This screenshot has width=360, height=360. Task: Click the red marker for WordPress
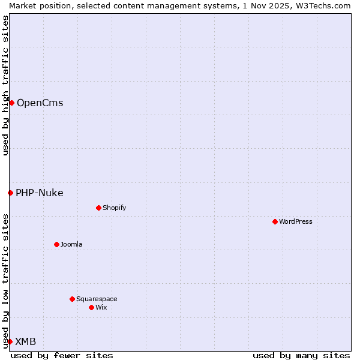pyautogui.click(x=275, y=221)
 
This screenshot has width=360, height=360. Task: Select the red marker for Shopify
pyautogui.click(x=98, y=208)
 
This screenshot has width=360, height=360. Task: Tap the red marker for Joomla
pyautogui.click(x=56, y=244)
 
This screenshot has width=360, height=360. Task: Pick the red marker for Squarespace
pyautogui.click(x=72, y=299)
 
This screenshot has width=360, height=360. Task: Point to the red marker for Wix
pyautogui.click(x=91, y=307)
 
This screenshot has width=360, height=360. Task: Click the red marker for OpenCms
pyautogui.click(x=11, y=103)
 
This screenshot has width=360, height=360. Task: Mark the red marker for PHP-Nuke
pyautogui.click(x=10, y=193)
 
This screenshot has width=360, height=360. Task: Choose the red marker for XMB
pyautogui.click(x=10, y=341)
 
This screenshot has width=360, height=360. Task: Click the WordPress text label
pyautogui.click(x=296, y=221)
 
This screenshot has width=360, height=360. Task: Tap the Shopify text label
pyautogui.click(x=114, y=208)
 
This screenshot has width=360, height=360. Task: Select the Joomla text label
pyautogui.click(x=71, y=244)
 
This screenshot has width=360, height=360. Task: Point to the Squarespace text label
pyautogui.click(x=97, y=299)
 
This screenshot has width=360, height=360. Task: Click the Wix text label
pyautogui.click(x=101, y=307)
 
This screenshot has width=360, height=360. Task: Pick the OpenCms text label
pyautogui.click(x=40, y=103)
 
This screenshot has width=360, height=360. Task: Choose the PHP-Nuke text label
pyautogui.click(x=39, y=193)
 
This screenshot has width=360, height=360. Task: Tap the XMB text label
pyautogui.click(x=25, y=341)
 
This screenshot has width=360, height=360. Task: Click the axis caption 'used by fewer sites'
pyautogui.click(x=62, y=355)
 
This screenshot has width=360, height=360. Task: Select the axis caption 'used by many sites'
pyautogui.click(x=301, y=355)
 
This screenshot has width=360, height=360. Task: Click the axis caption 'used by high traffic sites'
pyautogui.click(x=5, y=85)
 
